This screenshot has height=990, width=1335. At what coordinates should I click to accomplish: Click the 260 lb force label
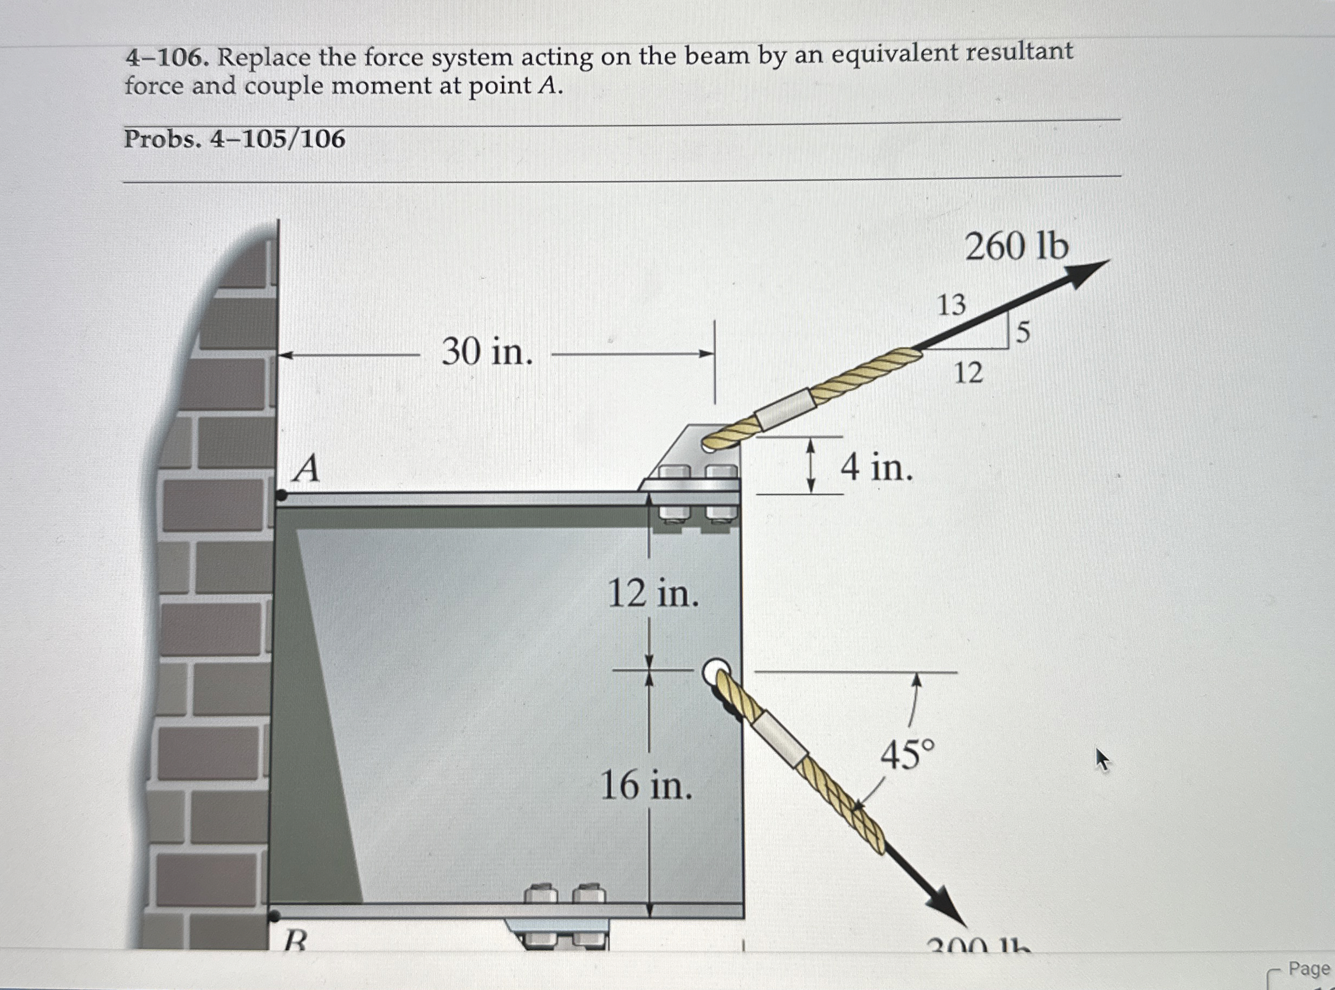click(x=1016, y=247)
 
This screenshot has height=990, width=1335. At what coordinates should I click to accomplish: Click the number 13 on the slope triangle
click(x=951, y=306)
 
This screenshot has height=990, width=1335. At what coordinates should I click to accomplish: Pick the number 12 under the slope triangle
click(x=968, y=374)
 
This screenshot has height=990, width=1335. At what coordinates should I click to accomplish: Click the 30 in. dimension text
click(x=487, y=352)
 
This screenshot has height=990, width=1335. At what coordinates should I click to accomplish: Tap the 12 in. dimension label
click(x=653, y=594)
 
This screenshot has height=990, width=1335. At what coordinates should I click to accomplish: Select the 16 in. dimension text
click(x=646, y=786)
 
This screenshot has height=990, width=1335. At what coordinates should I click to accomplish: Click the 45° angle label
click(x=907, y=755)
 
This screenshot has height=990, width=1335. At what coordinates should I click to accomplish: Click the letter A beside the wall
click(x=306, y=469)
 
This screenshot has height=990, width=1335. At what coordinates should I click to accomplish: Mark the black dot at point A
click(x=281, y=496)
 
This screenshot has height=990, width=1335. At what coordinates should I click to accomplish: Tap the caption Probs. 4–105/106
click(x=234, y=140)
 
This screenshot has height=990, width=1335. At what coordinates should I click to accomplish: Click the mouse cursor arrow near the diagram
click(x=1102, y=759)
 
